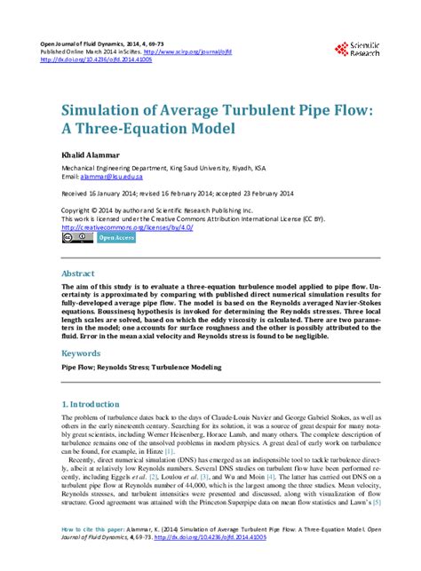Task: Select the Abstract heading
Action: click(x=76, y=274)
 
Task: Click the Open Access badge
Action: click(x=115, y=238)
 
